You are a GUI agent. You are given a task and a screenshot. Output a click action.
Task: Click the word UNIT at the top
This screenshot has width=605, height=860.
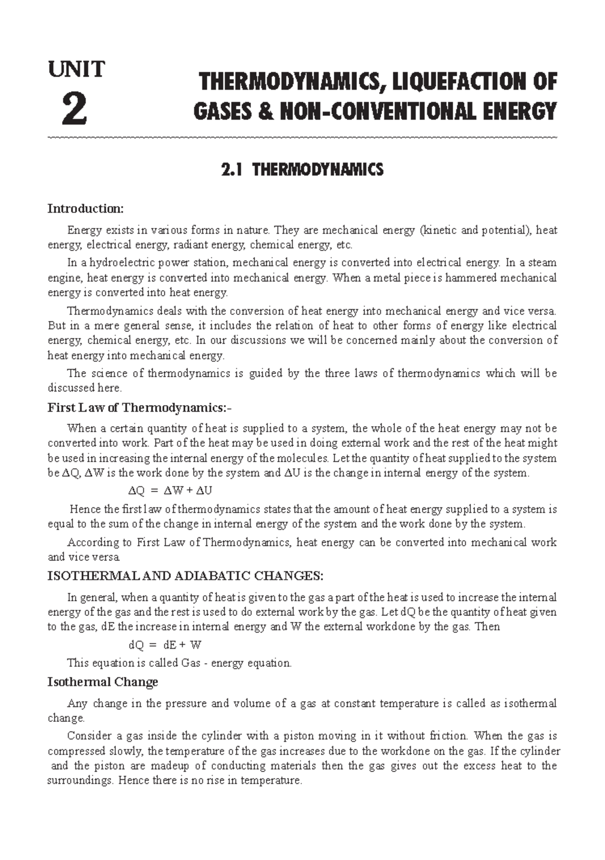(x=76, y=69)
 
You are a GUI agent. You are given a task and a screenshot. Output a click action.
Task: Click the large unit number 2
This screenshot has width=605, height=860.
(x=75, y=110)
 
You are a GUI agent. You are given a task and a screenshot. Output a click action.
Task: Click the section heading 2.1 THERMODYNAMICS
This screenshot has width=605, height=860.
(x=302, y=169)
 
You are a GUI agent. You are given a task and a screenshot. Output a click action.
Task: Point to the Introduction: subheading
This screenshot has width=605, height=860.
(x=85, y=209)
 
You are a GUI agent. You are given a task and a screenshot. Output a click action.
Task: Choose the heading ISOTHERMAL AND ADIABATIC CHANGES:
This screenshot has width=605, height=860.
(x=185, y=576)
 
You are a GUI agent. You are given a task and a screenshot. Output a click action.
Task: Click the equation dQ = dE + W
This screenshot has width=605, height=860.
(x=165, y=645)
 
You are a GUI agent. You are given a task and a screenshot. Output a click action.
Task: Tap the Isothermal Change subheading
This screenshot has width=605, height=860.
(x=102, y=682)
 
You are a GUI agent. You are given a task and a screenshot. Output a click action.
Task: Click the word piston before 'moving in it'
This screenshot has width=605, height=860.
(x=299, y=736)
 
